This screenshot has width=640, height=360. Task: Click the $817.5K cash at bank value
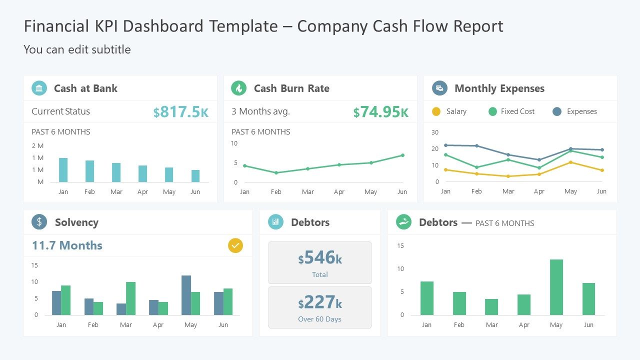point(181,112)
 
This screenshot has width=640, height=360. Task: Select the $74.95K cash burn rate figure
point(380,112)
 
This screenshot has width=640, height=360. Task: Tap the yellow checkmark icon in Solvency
point(235,245)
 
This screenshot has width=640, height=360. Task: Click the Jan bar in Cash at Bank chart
point(63,170)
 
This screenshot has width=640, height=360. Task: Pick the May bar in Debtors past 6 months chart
point(556,287)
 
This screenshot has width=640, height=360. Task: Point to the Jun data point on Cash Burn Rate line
point(402,155)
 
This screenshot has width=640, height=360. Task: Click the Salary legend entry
point(449,111)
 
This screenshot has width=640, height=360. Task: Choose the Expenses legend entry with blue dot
point(575,111)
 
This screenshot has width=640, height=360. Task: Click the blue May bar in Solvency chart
point(186,295)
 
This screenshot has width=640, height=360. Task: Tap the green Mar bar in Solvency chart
point(130,298)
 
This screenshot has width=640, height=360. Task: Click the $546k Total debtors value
point(320,258)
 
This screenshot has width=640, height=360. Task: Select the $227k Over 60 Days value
point(320,302)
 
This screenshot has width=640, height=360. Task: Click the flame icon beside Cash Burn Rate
point(238,88)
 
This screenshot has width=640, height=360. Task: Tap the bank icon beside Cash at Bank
point(39,88)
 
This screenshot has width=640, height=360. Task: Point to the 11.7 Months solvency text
point(67,245)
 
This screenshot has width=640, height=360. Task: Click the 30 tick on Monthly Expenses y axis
point(435,132)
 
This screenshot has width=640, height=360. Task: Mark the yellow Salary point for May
point(570,162)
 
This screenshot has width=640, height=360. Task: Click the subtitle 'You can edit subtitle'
point(77,49)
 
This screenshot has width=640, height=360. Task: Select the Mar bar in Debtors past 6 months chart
point(491,307)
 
